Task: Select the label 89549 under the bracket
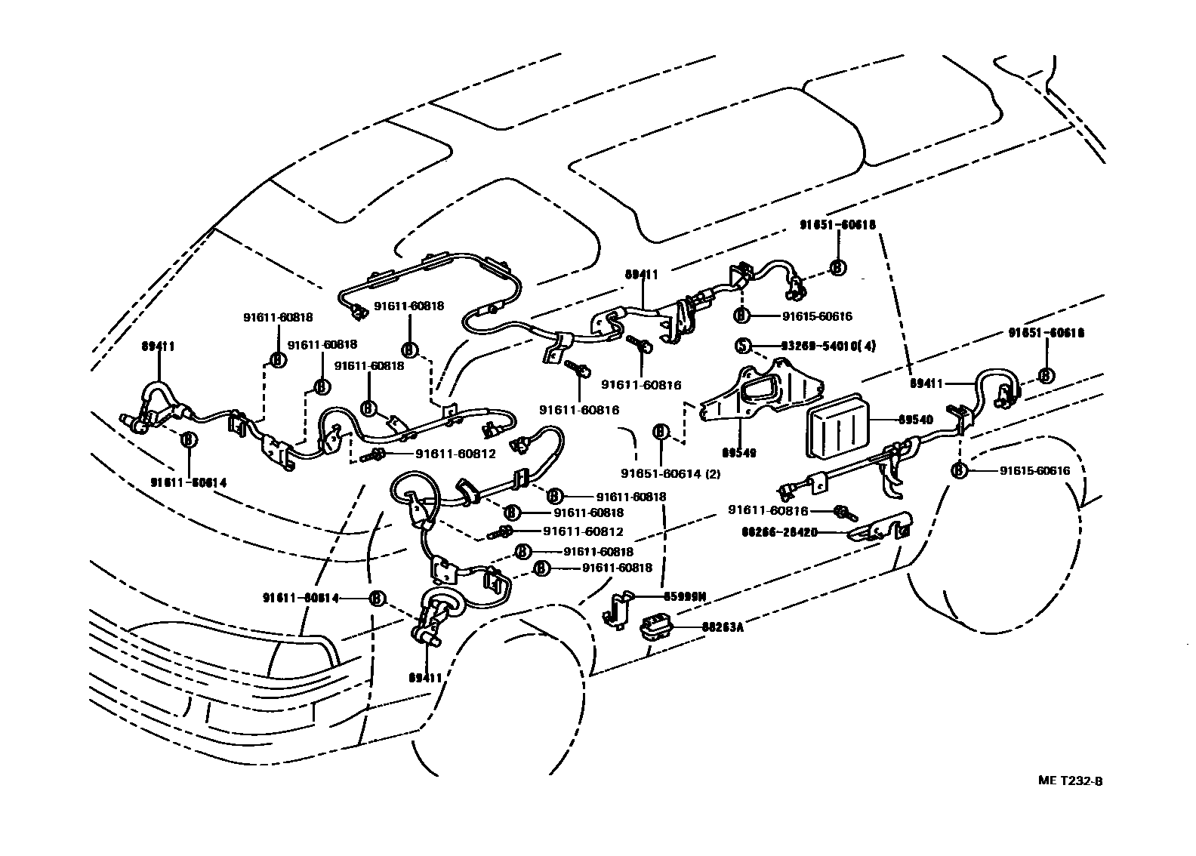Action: point(738,453)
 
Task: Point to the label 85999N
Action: point(684,596)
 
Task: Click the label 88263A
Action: point(723,627)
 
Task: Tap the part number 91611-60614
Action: point(188,482)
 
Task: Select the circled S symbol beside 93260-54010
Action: point(743,346)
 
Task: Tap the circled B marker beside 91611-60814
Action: point(375,599)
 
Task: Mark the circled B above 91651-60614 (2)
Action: point(661,433)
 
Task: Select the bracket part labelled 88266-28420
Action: point(880,528)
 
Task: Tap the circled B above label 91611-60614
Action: point(188,439)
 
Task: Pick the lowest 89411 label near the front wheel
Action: point(427,677)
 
